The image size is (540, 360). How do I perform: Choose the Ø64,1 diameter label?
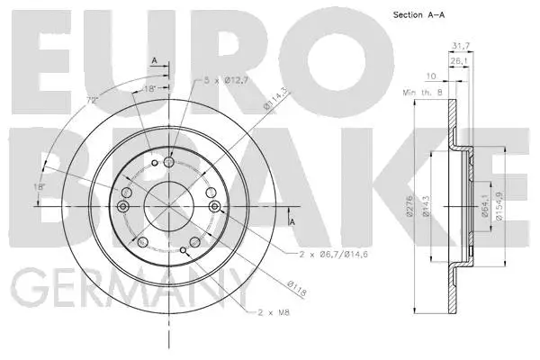(485, 209)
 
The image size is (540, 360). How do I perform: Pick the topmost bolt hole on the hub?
(170, 162)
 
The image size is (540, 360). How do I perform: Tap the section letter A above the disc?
(154, 59)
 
